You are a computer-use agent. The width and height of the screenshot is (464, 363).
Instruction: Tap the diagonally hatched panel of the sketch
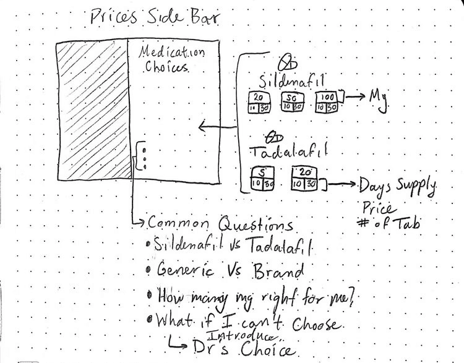tap(92, 112)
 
